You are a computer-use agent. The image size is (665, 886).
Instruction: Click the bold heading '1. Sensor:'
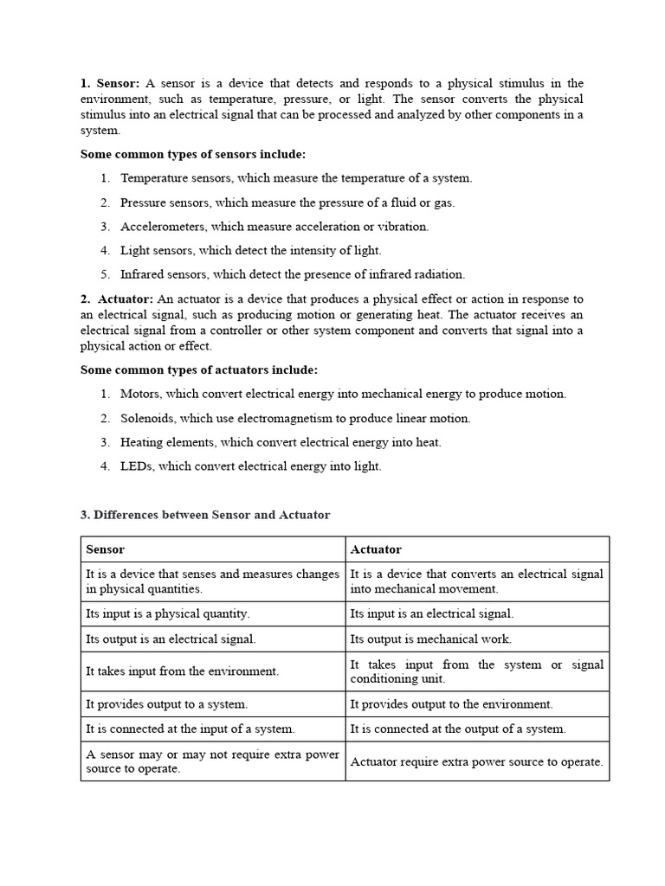pyautogui.click(x=110, y=83)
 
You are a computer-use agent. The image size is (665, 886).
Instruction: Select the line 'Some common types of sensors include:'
pyautogui.click(x=193, y=154)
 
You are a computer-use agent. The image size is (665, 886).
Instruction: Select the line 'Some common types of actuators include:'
pyautogui.click(x=199, y=369)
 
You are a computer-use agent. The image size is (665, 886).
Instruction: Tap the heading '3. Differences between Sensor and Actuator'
pyautogui.click(x=205, y=514)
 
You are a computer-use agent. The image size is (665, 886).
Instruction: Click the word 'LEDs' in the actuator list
pyautogui.click(x=135, y=466)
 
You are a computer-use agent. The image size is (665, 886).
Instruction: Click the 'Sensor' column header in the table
pyautogui.click(x=105, y=549)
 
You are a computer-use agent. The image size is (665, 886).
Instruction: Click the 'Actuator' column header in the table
pyautogui.click(x=376, y=549)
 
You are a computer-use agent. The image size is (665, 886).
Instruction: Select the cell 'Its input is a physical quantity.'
pyautogui.click(x=168, y=613)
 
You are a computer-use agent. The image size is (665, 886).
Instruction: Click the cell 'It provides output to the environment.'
pyautogui.click(x=451, y=704)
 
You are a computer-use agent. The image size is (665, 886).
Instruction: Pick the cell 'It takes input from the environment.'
pyautogui.click(x=182, y=671)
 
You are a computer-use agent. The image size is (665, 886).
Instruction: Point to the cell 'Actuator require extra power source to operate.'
pyautogui.click(x=476, y=761)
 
